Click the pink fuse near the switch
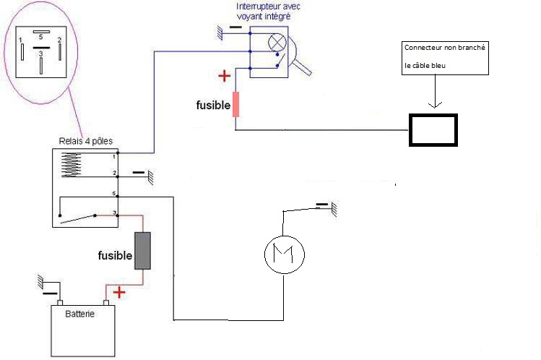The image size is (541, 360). (235, 104)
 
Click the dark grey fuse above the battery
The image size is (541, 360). (143, 252)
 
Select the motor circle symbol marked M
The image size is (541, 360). (284, 254)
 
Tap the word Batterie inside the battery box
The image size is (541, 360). (81, 314)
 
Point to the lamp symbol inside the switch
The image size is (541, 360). (277, 43)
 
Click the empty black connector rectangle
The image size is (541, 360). (433, 129)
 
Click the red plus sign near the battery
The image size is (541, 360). (118, 292)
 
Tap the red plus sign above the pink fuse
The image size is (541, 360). (225, 74)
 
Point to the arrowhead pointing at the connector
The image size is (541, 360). (436, 106)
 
